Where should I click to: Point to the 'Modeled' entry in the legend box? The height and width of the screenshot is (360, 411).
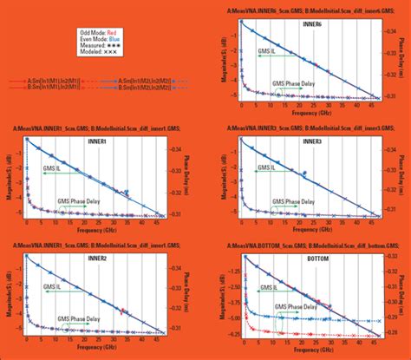(103, 51)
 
